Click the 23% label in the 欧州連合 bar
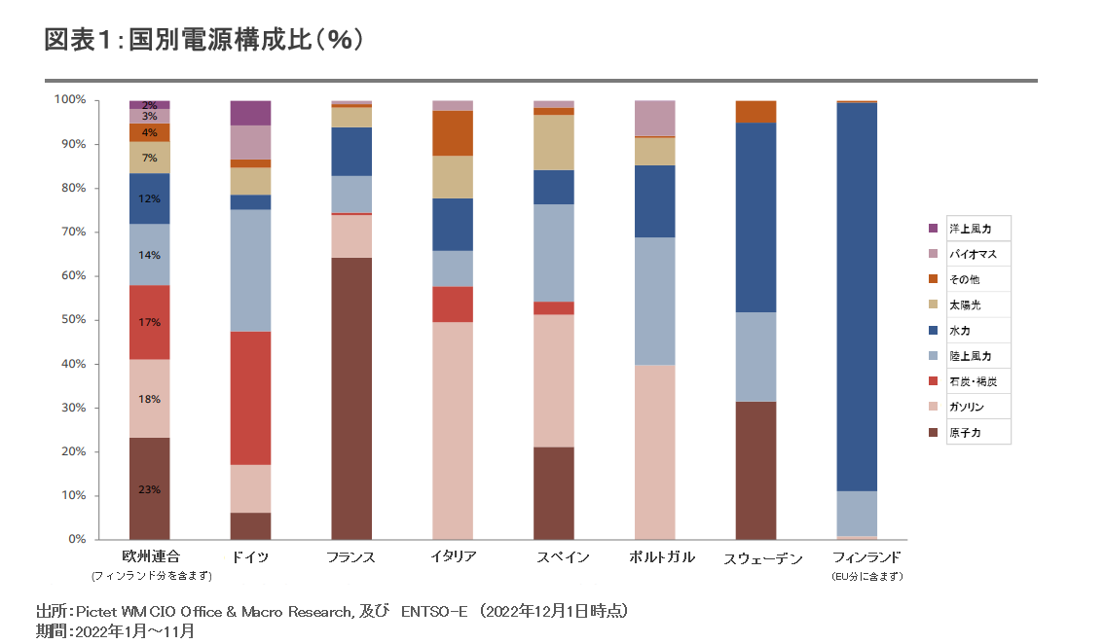(149, 489)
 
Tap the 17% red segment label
(149, 322)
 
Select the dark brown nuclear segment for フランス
(351, 398)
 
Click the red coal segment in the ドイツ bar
(250, 398)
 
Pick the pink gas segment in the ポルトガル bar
(654, 451)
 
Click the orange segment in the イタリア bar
(453, 133)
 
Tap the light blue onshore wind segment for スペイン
(554, 253)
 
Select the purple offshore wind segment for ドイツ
(250, 113)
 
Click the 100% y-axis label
(70, 100)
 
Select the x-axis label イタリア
(453, 557)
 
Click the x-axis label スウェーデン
(763, 558)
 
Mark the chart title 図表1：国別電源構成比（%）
(204, 40)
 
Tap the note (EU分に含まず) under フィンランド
(867, 576)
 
